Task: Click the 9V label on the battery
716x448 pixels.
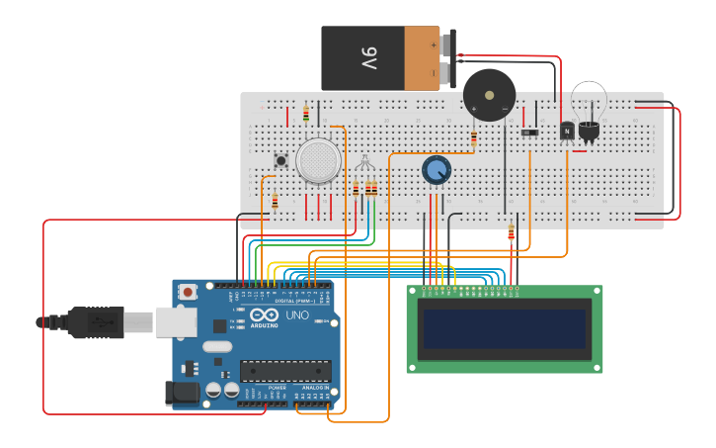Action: coord(367,58)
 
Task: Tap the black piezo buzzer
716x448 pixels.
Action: coord(489,95)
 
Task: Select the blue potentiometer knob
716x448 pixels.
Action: coord(437,170)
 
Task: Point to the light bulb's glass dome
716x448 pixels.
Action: coord(589,99)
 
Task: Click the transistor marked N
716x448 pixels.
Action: coord(566,131)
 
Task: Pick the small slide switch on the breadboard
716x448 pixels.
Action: coord(529,132)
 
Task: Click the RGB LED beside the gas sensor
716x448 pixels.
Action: coord(365,164)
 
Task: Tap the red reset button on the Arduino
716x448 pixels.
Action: coord(188,293)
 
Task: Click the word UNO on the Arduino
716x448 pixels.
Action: coord(297,316)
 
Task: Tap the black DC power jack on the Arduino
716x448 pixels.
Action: coord(184,393)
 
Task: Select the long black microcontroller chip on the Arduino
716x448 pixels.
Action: coord(285,371)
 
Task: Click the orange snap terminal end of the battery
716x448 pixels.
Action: coord(421,58)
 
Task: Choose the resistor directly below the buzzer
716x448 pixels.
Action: coord(474,140)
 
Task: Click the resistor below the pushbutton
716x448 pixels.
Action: coord(275,202)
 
